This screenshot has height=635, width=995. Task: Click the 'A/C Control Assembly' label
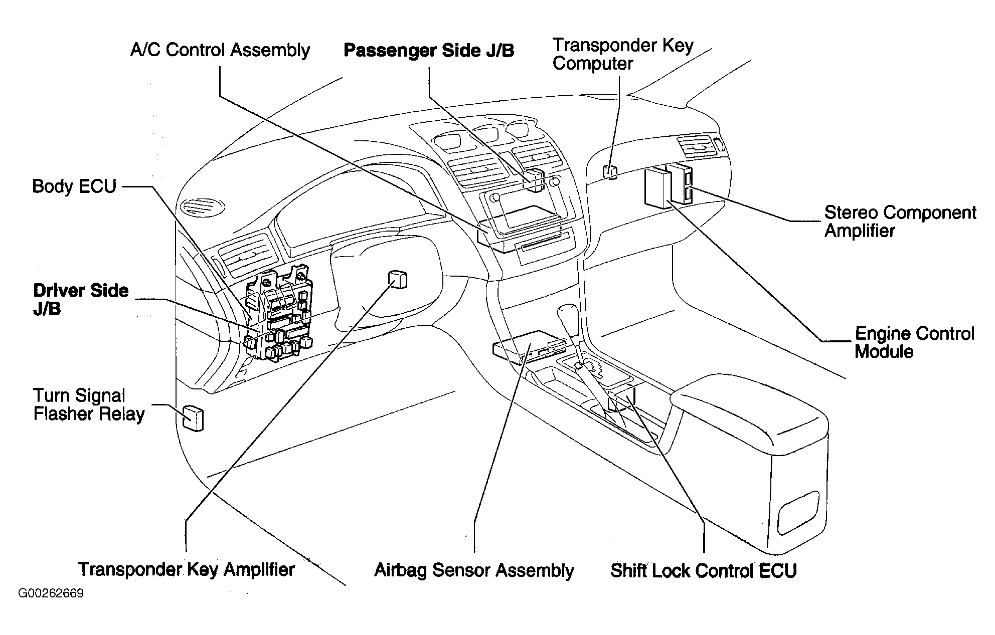[x=220, y=51]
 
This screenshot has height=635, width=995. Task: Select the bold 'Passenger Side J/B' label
[x=429, y=51]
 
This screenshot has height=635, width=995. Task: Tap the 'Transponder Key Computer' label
[x=623, y=55]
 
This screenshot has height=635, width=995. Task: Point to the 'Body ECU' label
[x=74, y=186]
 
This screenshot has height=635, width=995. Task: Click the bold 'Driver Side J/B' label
[x=81, y=300]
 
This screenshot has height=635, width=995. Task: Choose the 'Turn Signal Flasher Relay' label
[x=89, y=405]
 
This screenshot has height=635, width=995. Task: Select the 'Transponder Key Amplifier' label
[x=187, y=569]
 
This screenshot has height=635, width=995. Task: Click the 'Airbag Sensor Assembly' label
[x=474, y=570]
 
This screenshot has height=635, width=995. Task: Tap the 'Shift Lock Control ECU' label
[x=704, y=571]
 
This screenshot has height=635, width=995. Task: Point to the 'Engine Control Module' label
[x=914, y=342]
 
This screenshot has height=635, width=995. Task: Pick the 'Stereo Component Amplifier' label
[x=900, y=222]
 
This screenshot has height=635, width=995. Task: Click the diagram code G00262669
[x=51, y=594]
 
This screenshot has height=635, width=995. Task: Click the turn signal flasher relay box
[x=193, y=417]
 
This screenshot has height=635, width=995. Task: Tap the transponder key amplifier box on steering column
[x=397, y=279]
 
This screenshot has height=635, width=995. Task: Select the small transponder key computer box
[x=610, y=171]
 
